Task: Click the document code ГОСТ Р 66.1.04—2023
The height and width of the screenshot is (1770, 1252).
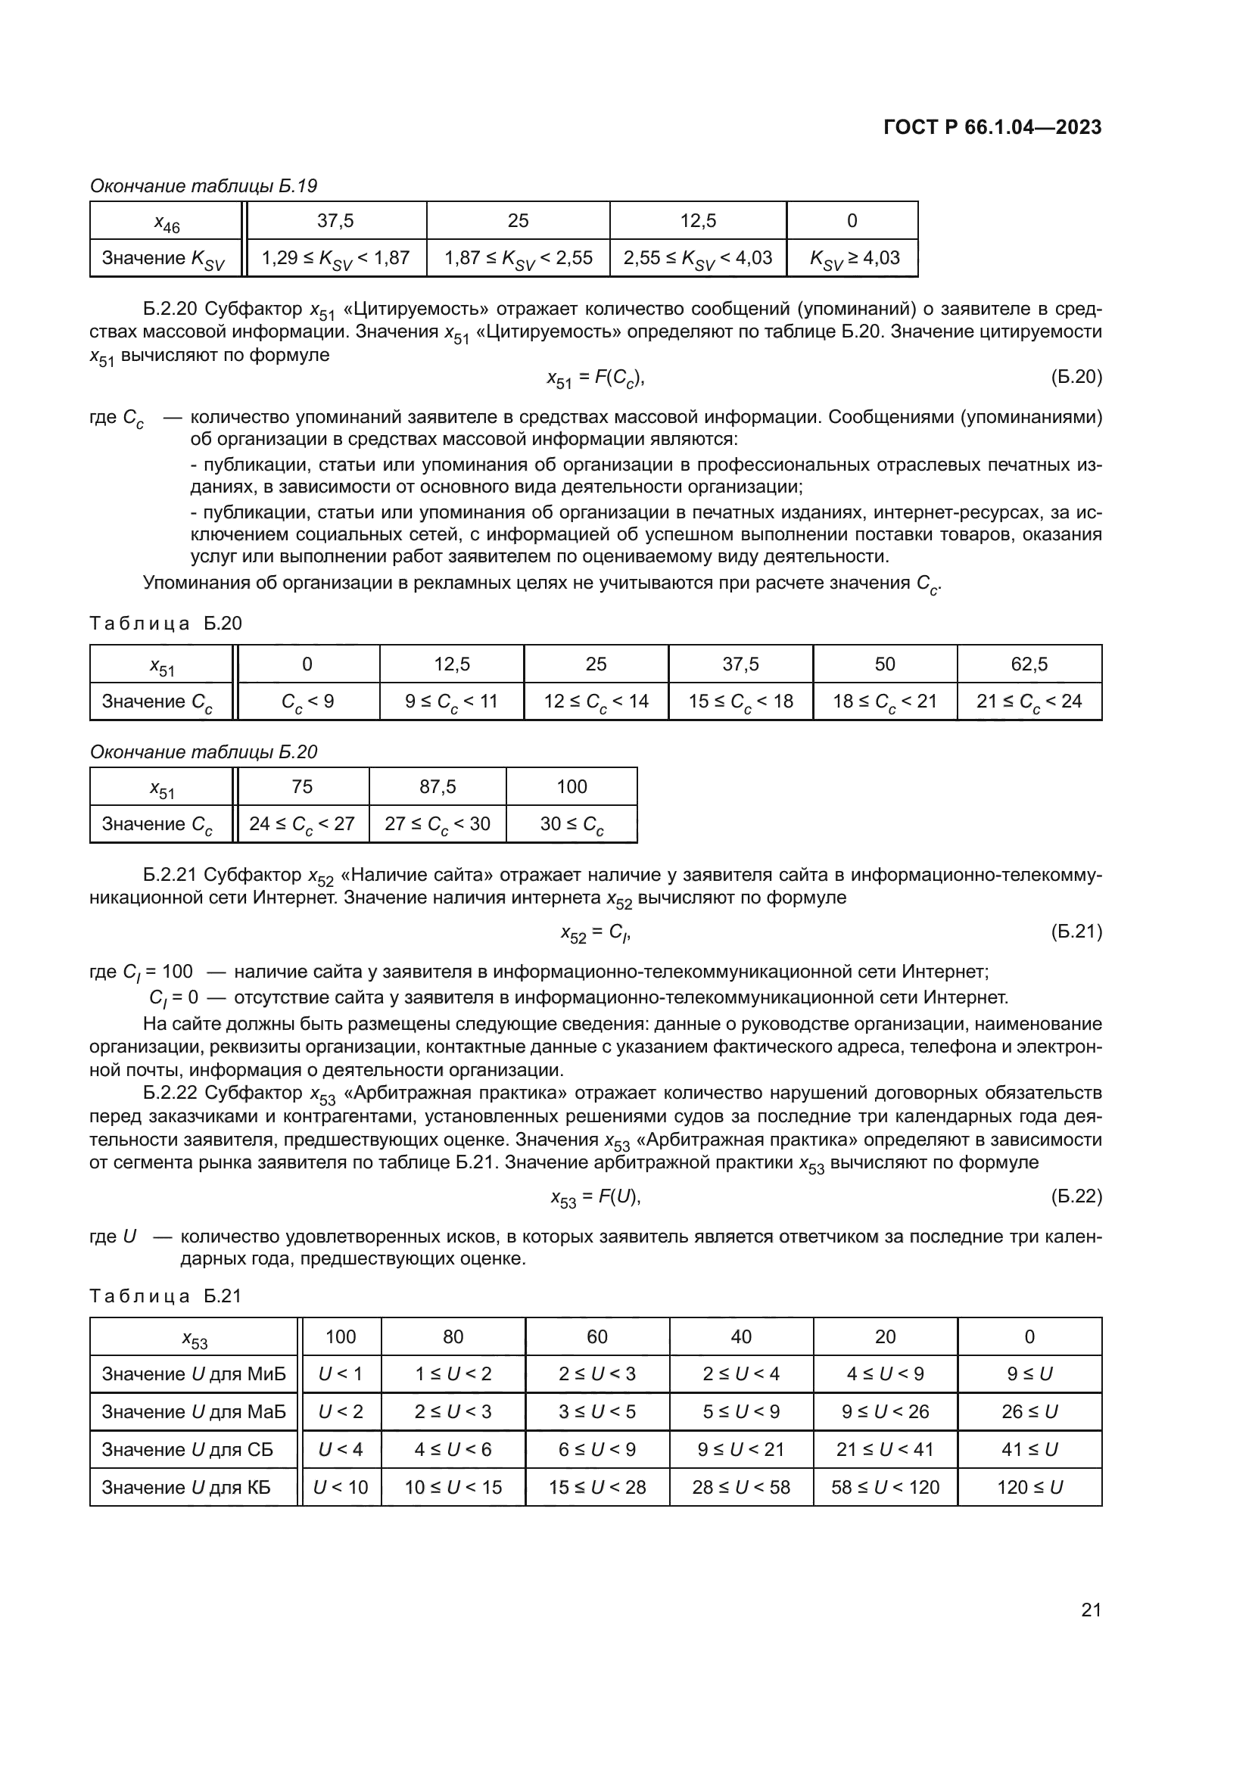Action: pyautogui.click(x=992, y=127)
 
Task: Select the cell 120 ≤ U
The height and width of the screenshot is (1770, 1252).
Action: pyautogui.click(x=1029, y=1487)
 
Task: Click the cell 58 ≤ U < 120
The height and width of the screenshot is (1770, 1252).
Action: pyautogui.click(x=885, y=1487)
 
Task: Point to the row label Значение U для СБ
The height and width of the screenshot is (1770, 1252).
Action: pyautogui.click(x=187, y=1449)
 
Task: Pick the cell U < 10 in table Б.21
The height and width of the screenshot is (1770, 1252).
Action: pyautogui.click(x=341, y=1487)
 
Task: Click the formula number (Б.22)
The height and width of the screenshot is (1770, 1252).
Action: pyautogui.click(x=1076, y=1196)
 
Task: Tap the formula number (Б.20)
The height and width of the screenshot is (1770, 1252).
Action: pyautogui.click(x=1076, y=377)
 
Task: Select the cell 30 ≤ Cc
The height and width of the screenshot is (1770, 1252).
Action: pyautogui.click(x=571, y=824)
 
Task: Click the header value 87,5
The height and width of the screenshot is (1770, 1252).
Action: pyautogui.click(x=437, y=786)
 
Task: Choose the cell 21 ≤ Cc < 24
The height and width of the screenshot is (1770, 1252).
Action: pyautogui.click(x=1029, y=701)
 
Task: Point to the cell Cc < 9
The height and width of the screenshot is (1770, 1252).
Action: pyautogui.click(x=307, y=701)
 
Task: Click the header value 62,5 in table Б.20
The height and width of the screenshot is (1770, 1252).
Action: pyautogui.click(x=1029, y=664)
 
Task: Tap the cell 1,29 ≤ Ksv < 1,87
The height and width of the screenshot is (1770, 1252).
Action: pyautogui.click(x=335, y=258)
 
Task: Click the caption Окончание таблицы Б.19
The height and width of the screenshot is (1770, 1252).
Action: pyautogui.click(x=204, y=186)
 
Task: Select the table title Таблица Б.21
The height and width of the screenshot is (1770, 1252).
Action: pyautogui.click(x=166, y=1296)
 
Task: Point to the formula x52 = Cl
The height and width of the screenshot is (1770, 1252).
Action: pyautogui.click(x=596, y=933)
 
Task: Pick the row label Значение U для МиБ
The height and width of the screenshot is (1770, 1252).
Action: pyautogui.click(x=194, y=1373)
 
